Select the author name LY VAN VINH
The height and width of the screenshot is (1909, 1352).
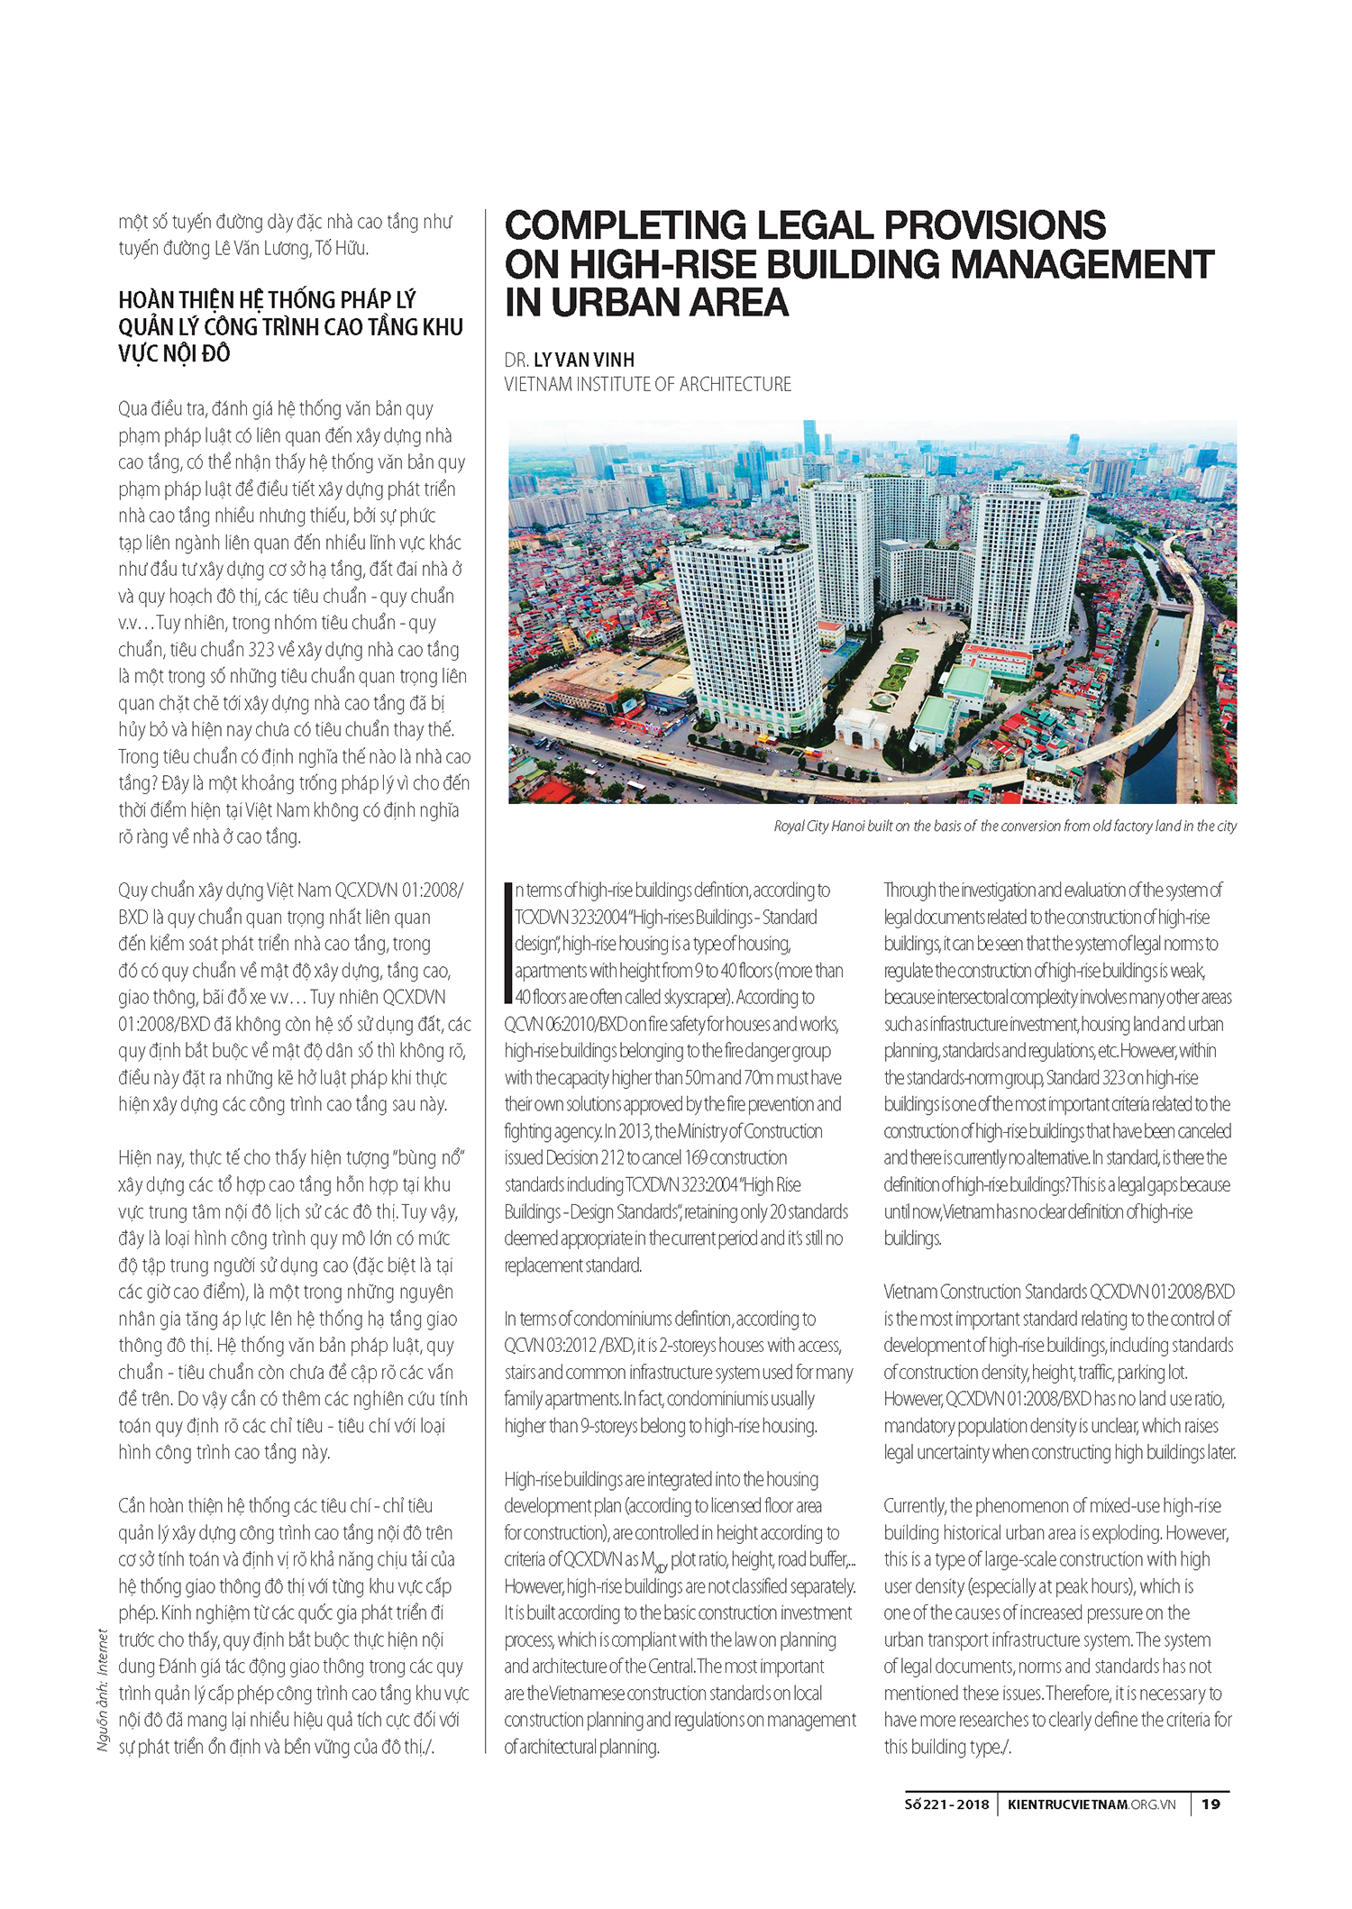click(x=584, y=360)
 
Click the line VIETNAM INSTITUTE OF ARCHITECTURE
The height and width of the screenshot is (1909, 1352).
click(x=647, y=385)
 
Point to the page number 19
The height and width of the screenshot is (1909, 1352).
click(x=1210, y=1804)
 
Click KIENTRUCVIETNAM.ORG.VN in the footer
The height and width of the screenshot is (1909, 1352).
click(x=1092, y=1804)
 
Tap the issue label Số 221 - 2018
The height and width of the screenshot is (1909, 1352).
click(x=946, y=1804)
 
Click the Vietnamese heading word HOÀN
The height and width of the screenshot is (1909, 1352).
click(x=147, y=300)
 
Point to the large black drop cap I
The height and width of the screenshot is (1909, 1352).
click(x=508, y=943)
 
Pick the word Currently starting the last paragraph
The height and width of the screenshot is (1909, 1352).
click(x=915, y=1506)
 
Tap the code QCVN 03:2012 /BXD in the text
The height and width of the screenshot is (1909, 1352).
click(x=569, y=1346)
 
